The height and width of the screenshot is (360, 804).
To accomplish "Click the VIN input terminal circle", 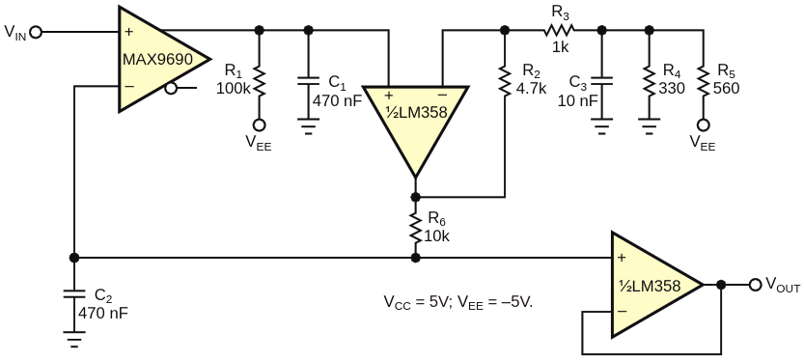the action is coord(36,32).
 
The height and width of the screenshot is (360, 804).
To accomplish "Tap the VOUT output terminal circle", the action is coord(755,285).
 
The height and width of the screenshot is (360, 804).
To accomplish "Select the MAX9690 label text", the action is coord(157,59).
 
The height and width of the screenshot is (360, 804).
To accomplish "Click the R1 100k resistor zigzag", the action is coord(259,83).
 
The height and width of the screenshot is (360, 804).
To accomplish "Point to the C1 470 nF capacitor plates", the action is coord(308,81).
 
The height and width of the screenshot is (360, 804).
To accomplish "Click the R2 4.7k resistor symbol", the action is coord(505,83).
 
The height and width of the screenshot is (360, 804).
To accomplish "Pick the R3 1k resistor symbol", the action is coord(560,30).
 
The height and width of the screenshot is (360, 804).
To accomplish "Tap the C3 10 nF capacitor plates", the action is coord(602,81).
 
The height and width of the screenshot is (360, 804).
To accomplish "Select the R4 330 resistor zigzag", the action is coord(650,83).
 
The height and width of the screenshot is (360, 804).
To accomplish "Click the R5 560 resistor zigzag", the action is coord(703,83).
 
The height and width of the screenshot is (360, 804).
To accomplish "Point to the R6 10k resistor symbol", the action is coord(415,228).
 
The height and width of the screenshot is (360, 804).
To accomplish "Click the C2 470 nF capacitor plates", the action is coord(74,295).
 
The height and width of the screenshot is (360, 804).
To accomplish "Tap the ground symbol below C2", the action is coord(74,339).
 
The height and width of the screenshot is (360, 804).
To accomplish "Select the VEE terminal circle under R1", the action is coord(259,125).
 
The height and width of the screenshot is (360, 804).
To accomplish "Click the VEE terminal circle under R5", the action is coord(703,125).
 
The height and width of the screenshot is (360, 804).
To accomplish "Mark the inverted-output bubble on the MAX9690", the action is coord(171,89).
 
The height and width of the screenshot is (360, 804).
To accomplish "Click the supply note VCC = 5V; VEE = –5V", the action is coord(458,301).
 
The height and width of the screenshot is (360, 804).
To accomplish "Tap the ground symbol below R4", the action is coord(650,126).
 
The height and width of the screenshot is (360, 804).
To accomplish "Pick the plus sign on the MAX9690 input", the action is coord(128,32).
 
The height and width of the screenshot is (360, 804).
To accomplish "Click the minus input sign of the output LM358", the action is coord(622,311).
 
